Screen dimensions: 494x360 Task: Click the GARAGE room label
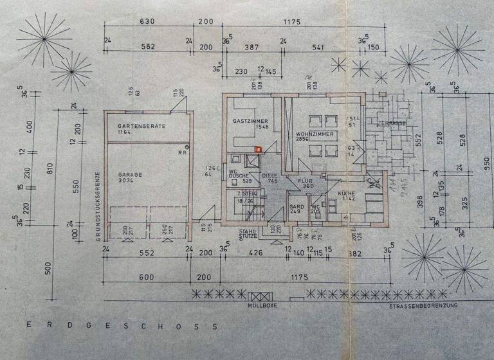[129, 174]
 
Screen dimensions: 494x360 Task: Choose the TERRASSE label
[392, 123]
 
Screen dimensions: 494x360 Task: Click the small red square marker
[258, 150]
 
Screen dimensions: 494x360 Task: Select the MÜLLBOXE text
[262, 307]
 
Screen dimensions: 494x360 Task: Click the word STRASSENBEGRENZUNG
[423, 307]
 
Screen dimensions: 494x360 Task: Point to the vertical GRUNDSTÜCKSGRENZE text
[97, 203]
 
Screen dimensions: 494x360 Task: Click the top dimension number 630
[147, 22]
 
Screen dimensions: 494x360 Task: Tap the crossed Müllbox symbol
[262, 297]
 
